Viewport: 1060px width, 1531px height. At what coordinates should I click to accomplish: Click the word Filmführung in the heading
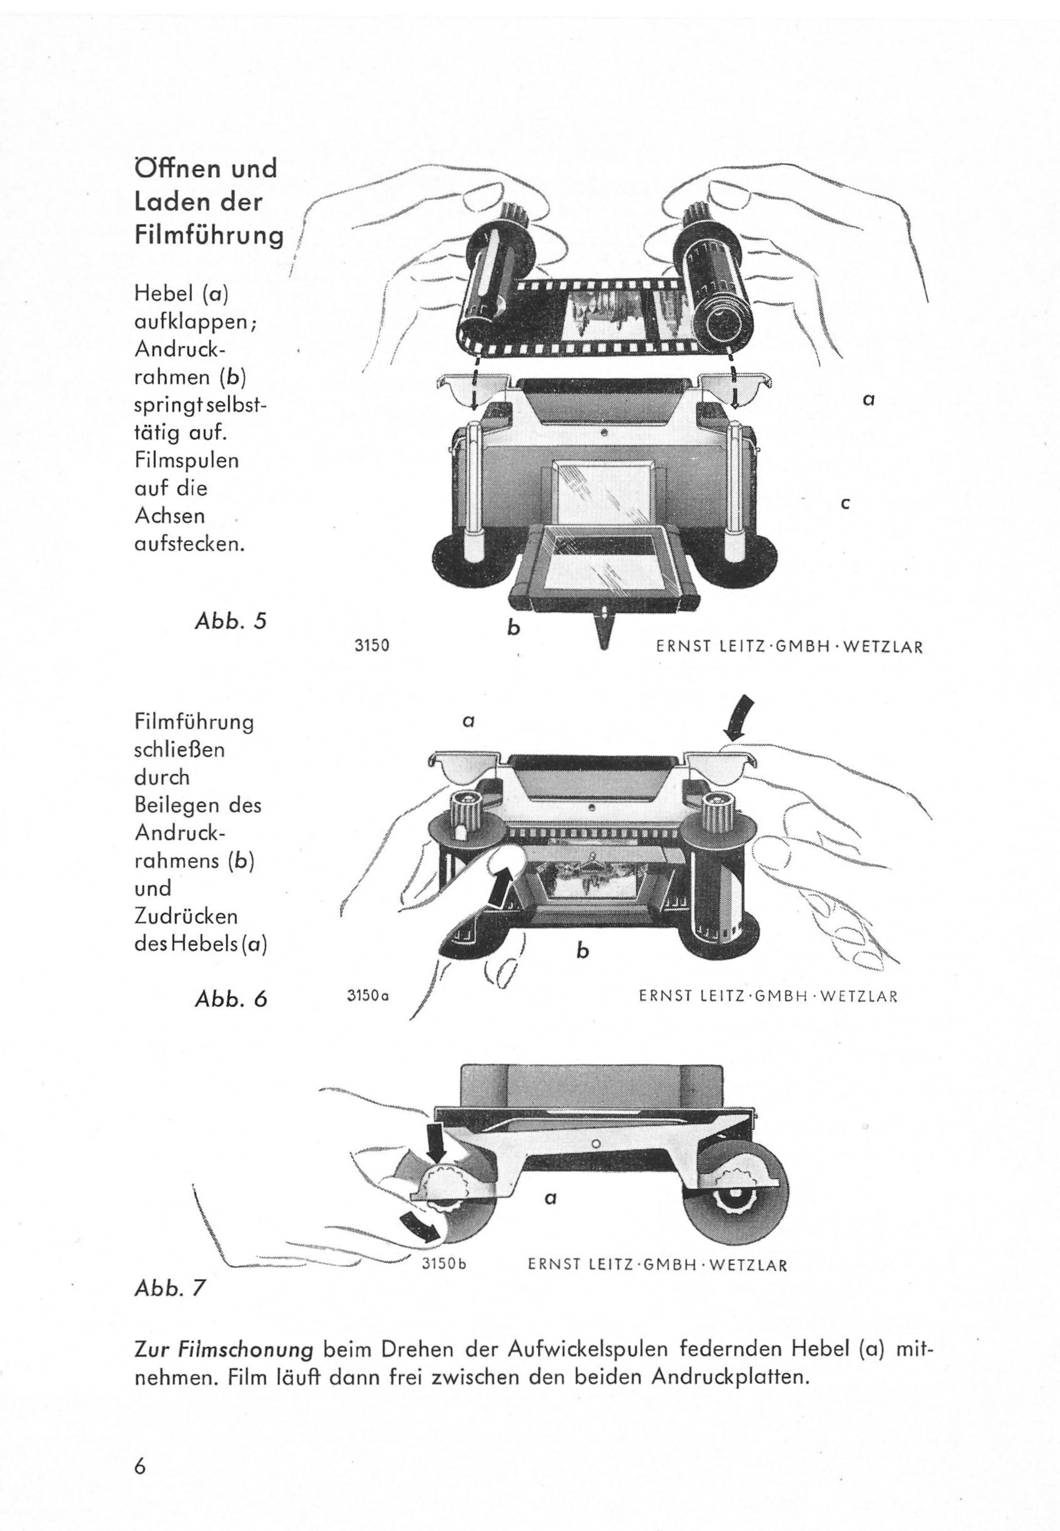209,237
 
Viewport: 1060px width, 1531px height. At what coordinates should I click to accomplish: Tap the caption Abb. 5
230,621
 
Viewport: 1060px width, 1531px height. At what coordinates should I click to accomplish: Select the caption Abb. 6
230,999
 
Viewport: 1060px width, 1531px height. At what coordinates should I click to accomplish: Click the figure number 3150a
367,996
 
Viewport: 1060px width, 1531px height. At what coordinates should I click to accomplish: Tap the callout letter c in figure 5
846,503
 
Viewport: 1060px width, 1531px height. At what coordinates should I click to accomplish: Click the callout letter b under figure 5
513,626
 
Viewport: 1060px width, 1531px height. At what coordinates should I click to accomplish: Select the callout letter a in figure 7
550,1199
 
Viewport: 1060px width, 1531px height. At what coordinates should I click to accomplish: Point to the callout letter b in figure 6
582,951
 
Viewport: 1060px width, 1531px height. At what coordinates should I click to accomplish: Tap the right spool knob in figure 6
723,811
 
